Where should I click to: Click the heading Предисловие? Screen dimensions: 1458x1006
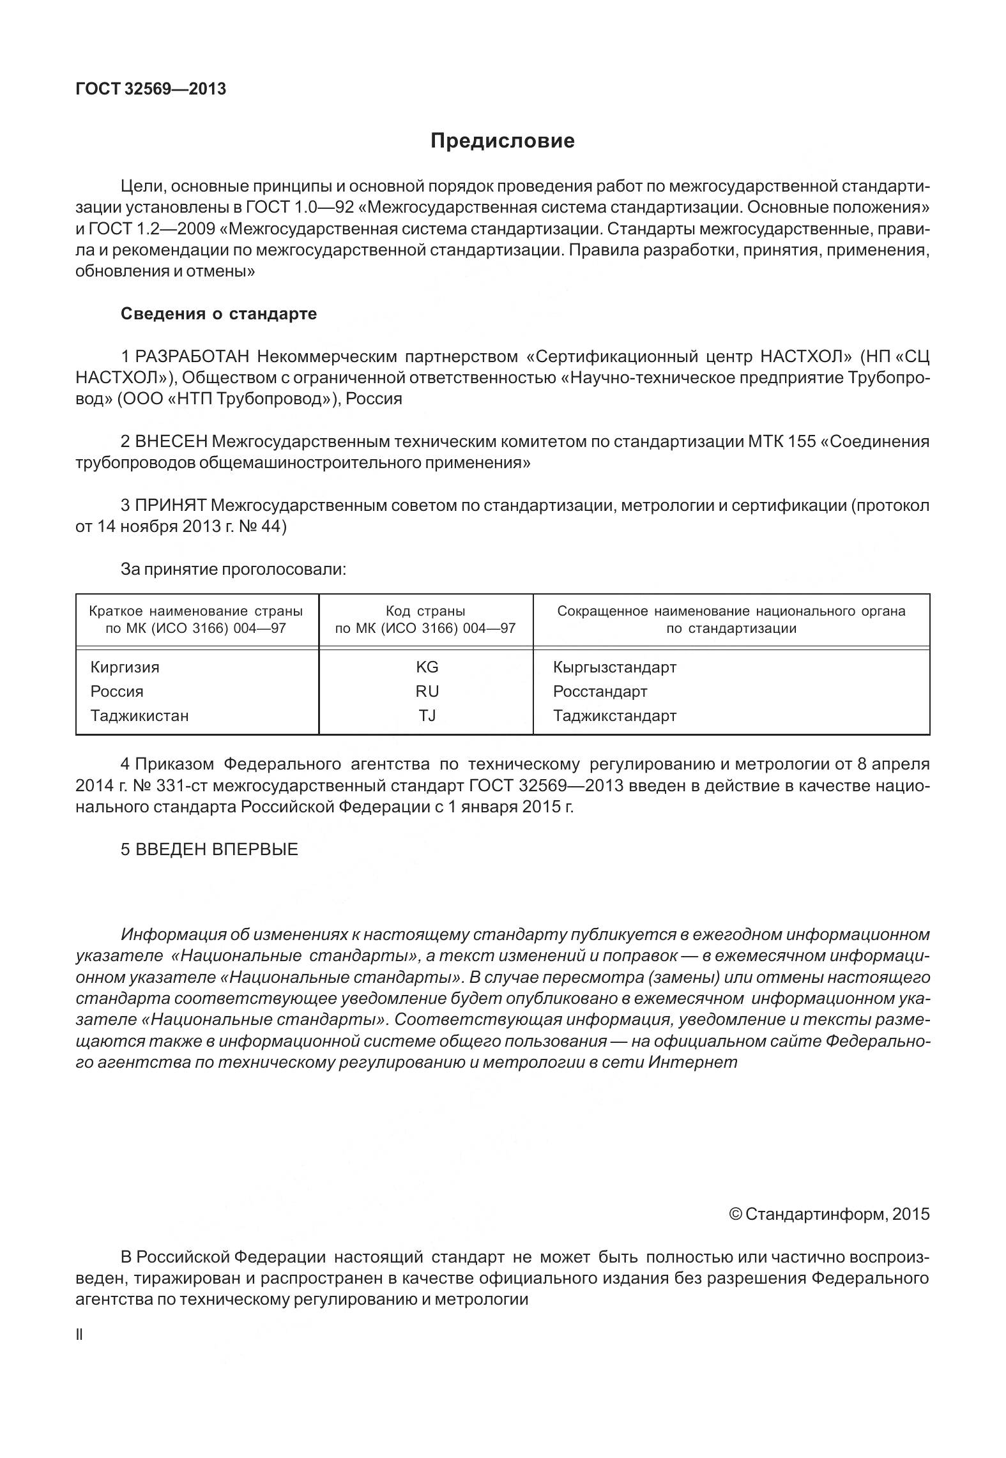[x=502, y=140]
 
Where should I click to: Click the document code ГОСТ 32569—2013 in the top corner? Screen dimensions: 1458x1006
[x=151, y=89]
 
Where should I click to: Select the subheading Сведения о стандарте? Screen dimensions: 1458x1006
[x=218, y=314]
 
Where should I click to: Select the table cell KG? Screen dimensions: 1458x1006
[x=427, y=667]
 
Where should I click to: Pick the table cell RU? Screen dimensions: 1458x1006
[x=427, y=692]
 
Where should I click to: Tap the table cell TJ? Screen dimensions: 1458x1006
[x=427, y=716]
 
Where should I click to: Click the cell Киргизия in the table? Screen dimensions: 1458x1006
[x=125, y=667]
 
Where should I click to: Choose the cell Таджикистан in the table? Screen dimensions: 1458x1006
[x=139, y=716]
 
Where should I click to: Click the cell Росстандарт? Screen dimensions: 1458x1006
[x=600, y=692]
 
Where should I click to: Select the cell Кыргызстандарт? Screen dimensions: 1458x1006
[x=614, y=667]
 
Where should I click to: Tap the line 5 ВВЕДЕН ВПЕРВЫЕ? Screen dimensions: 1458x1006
[x=210, y=849]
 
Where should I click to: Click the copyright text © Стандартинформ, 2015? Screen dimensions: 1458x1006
[x=829, y=1214]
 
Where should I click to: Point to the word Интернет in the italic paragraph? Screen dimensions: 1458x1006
[x=692, y=1063]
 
